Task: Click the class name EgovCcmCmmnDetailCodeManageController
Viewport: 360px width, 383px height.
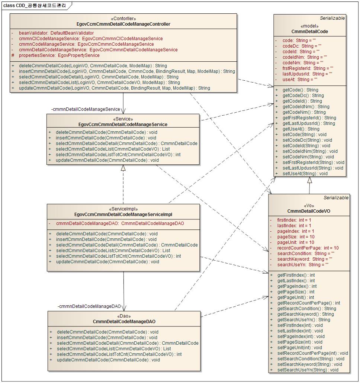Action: click(123, 24)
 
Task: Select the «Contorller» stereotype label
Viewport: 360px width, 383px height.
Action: click(123, 19)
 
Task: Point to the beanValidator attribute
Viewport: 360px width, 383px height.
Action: click(56, 33)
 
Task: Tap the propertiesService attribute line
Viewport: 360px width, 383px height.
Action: click(59, 55)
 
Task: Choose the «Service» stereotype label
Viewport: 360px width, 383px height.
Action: click(123, 119)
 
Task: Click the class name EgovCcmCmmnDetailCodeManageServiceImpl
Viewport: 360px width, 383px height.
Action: click(123, 215)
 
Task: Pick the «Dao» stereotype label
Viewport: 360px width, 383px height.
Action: click(124, 316)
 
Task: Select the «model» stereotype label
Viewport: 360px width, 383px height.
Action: click(309, 26)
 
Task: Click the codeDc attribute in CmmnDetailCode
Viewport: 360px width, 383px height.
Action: click(302, 46)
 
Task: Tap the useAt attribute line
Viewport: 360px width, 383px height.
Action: click(299, 80)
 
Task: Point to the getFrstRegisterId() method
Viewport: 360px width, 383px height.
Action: click(309, 118)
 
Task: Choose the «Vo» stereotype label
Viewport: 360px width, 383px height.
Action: click(309, 206)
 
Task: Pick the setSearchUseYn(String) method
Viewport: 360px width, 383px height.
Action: click(308, 370)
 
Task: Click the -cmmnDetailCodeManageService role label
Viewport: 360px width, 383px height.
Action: click(86, 109)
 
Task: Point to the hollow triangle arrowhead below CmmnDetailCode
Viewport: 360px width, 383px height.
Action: click(309, 180)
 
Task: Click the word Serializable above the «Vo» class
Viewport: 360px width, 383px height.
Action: click(336, 198)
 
